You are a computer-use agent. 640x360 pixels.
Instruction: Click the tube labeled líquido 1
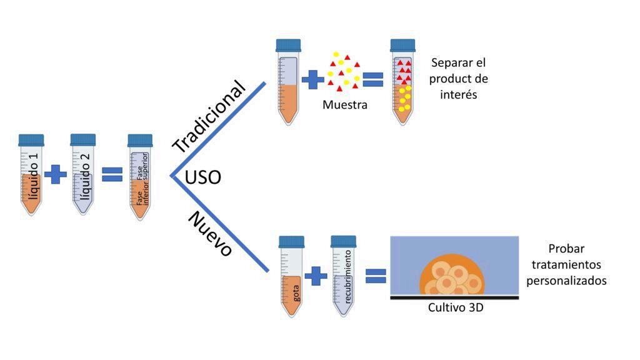pos(31,175)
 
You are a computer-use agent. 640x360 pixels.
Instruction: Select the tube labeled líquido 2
pos(83,174)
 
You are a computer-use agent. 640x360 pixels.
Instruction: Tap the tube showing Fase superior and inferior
pos(140,177)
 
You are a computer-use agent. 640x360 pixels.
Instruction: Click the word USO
pos(203,177)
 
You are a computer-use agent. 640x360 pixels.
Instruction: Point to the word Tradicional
pos(209,116)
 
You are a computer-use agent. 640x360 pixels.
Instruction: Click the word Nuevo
pos(210,234)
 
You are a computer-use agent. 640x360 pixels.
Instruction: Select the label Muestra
pos(345,105)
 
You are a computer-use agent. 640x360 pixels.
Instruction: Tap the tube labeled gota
pos(291,276)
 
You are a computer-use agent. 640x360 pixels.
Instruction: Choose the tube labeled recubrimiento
pos(343,276)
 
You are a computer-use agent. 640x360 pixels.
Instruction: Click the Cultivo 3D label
pos(456,307)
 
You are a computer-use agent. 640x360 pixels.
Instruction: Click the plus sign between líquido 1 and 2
pos(56,175)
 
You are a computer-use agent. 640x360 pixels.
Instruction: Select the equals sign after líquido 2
pos(112,174)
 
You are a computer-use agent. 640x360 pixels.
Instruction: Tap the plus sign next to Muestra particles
pos(312,79)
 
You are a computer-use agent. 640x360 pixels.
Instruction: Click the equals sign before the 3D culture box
pos(376,276)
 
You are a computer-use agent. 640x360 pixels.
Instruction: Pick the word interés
pos(458,95)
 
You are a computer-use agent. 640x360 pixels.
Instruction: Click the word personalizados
pos(566,281)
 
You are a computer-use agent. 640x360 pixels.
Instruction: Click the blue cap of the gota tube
pos(291,242)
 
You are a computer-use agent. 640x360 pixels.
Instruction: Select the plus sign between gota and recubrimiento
pos(316,276)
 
